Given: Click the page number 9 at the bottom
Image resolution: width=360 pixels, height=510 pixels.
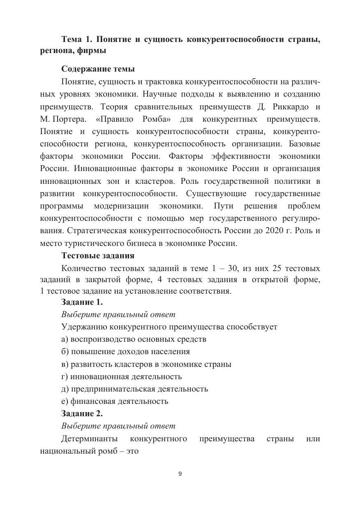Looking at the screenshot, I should click(180, 473).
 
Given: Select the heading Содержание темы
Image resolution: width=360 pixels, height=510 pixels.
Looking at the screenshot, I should click(98, 69).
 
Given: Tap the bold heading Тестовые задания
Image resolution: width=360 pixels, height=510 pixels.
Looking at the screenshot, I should click(98, 255).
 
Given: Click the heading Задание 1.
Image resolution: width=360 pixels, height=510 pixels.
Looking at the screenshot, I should click(82, 302).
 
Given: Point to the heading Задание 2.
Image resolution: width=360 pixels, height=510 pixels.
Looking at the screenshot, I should click(82, 414).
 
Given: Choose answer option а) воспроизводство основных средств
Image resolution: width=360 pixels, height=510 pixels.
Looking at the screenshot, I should click(134, 339).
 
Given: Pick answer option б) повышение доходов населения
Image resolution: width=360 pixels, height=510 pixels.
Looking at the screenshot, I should click(125, 352).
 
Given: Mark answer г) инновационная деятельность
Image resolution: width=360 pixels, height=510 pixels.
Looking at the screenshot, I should click(121, 376).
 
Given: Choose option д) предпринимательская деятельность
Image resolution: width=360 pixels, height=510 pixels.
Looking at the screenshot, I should click(134, 389).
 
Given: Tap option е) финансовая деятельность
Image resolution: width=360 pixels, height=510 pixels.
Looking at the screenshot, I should click(115, 401).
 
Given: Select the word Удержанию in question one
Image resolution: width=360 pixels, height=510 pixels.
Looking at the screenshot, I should click(84, 327).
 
